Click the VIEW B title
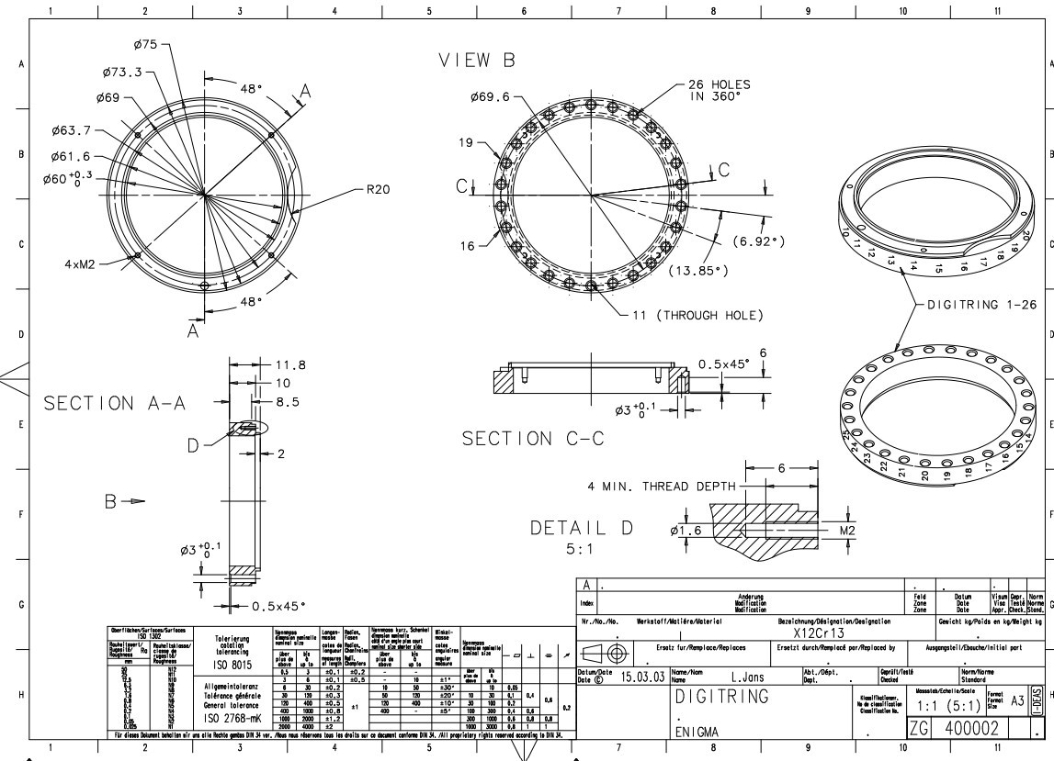[x=477, y=60]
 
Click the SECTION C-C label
[x=533, y=439]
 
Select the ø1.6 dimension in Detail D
[x=686, y=532]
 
